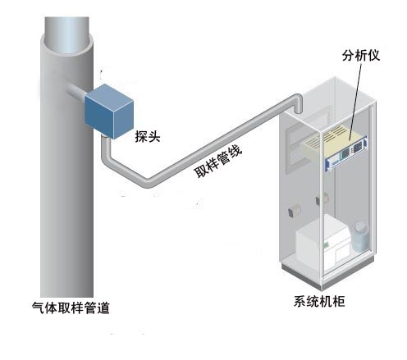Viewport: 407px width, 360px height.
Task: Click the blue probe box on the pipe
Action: click(109, 112)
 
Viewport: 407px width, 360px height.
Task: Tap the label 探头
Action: click(148, 136)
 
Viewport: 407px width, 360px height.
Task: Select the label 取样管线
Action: click(218, 162)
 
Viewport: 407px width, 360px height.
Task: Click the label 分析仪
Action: click(361, 56)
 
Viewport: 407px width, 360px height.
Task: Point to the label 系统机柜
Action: click(319, 302)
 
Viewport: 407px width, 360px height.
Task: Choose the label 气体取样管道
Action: click(71, 308)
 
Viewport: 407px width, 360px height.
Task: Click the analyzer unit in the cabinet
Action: click(336, 149)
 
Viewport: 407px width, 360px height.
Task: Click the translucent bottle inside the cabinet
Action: click(360, 237)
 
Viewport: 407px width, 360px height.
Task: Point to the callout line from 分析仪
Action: click(355, 102)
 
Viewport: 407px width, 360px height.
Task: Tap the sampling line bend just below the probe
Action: click(107, 157)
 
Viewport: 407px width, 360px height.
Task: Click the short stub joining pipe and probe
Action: click(75, 91)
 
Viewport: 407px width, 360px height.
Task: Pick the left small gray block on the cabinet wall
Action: click(294, 211)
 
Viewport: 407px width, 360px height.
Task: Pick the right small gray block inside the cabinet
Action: click(322, 198)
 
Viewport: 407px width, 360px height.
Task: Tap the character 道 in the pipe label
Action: click(103, 308)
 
